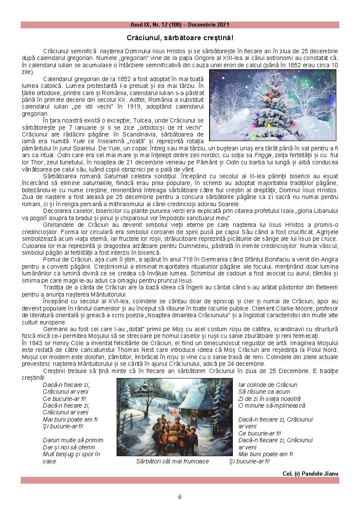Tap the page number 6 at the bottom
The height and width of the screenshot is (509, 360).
click(180, 497)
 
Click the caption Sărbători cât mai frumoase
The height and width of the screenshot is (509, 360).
click(172, 461)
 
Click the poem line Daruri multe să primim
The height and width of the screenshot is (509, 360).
click(73, 440)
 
